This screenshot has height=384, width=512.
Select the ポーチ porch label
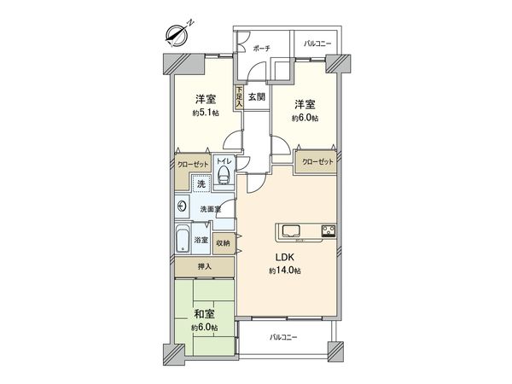(x=262, y=49)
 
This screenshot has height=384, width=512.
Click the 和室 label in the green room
(x=204, y=314)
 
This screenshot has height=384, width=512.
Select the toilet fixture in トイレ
(x=223, y=176)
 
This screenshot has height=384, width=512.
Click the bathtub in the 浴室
(x=183, y=240)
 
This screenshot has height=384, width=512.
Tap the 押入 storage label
(x=204, y=267)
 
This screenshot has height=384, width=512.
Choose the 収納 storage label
(x=223, y=242)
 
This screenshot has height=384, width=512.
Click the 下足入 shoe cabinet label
(x=241, y=96)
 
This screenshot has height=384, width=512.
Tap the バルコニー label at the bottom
(x=284, y=338)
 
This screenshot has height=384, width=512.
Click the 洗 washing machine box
(x=201, y=184)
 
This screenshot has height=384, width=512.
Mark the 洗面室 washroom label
(x=211, y=208)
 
